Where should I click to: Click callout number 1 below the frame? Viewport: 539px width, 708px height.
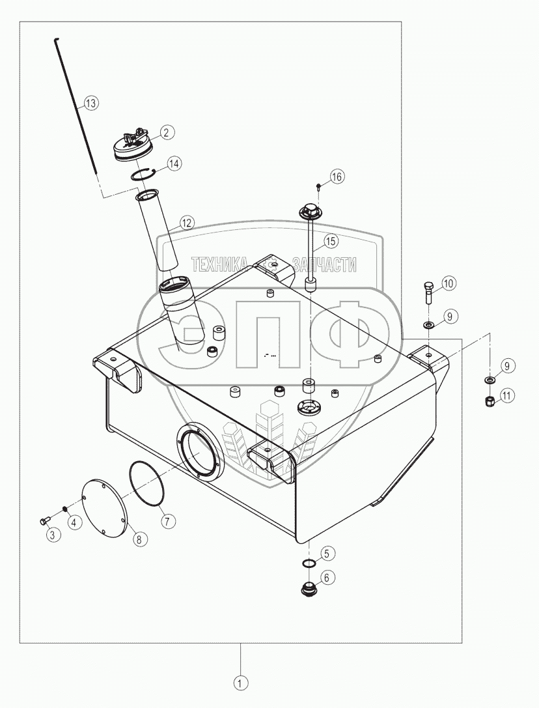241,684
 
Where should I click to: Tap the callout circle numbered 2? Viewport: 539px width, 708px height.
166,132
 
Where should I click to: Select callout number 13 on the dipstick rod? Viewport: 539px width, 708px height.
90,103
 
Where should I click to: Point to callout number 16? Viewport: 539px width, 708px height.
336,177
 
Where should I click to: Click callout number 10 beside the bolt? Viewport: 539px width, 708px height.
449,283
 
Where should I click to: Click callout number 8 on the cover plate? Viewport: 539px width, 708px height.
139,538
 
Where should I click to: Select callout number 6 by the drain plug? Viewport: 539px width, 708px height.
326,577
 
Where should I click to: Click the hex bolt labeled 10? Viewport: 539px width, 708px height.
428,293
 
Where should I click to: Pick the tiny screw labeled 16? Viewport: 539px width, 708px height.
318,187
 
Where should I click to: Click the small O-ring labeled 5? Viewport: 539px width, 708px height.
310,563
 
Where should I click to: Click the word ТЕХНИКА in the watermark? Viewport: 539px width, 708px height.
219,264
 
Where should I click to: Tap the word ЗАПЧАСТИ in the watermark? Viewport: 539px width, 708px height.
325,264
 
